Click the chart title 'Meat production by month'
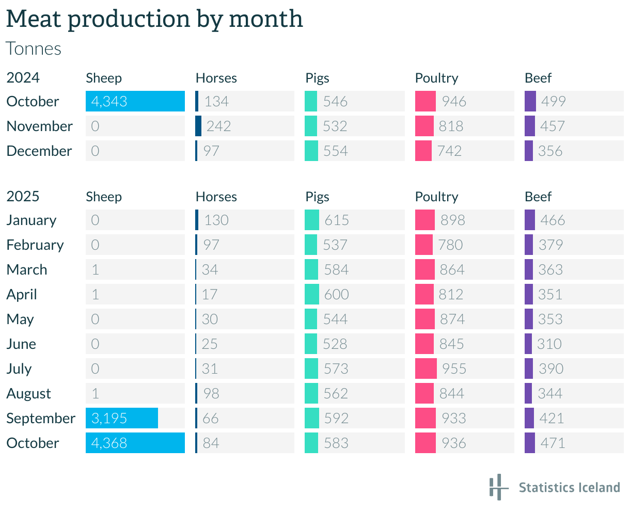pyautogui.click(x=154, y=20)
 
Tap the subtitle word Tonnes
pyautogui.click(x=34, y=49)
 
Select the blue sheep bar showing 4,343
pyautogui.click(x=135, y=101)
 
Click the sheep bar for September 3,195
pyautogui.click(x=122, y=418)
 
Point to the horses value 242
pyautogui.click(x=218, y=126)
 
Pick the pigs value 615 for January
pyautogui.click(x=337, y=220)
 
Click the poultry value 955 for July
pyautogui.click(x=454, y=368)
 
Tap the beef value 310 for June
pyautogui.click(x=549, y=344)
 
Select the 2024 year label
pyautogui.click(x=23, y=78)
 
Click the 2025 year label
pyautogui.click(x=23, y=197)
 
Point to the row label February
pyautogui.click(x=35, y=245)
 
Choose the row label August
pyautogui.click(x=29, y=393)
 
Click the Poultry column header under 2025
pyautogui.click(x=436, y=197)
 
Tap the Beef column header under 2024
pyautogui.click(x=538, y=78)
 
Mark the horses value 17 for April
pyautogui.click(x=210, y=294)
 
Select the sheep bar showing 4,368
pyautogui.click(x=135, y=443)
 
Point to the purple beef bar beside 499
pyautogui.click(x=530, y=101)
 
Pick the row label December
pyautogui.click(x=39, y=151)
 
